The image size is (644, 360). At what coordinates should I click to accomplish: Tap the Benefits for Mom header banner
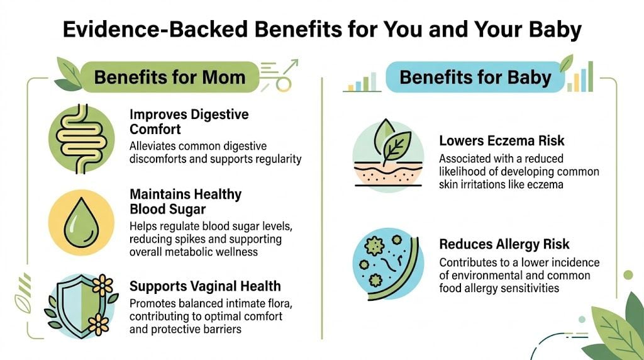point(169,77)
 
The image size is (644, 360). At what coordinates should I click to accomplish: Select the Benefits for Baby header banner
point(475,77)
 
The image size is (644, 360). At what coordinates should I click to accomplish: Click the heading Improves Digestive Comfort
point(189,121)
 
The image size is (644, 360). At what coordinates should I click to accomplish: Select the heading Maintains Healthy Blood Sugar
point(186,201)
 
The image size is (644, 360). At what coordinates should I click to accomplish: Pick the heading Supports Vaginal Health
point(205,287)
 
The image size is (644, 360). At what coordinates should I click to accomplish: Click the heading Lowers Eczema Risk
point(502,140)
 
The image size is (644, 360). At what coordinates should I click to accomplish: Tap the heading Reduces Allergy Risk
point(504,244)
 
